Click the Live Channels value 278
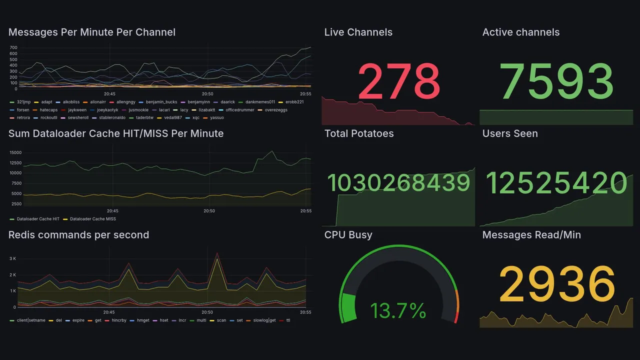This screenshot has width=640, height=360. click(x=398, y=81)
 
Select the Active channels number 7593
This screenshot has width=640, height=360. click(x=556, y=81)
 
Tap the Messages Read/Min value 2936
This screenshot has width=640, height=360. click(x=556, y=284)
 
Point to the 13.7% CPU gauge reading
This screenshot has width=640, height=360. click(x=398, y=311)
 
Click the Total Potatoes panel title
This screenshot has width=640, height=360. click(x=358, y=133)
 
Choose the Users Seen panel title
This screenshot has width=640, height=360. click(x=510, y=133)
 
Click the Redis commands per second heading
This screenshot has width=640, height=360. click(x=78, y=235)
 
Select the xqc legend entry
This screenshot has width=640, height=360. click(x=195, y=118)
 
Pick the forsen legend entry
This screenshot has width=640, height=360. click(x=23, y=110)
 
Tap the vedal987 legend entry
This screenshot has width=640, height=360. click(x=173, y=118)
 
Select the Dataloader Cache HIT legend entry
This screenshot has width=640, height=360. click(x=38, y=219)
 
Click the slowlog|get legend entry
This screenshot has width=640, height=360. click(x=264, y=320)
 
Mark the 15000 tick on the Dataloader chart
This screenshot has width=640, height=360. click(x=14, y=152)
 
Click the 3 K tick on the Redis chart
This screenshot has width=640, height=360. click(x=13, y=258)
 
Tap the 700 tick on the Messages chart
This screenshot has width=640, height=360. click(x=13, y=47)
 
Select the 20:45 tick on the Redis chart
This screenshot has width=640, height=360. click(x=109, y=312)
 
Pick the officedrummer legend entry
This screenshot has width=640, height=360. click(x=239, y=110)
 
